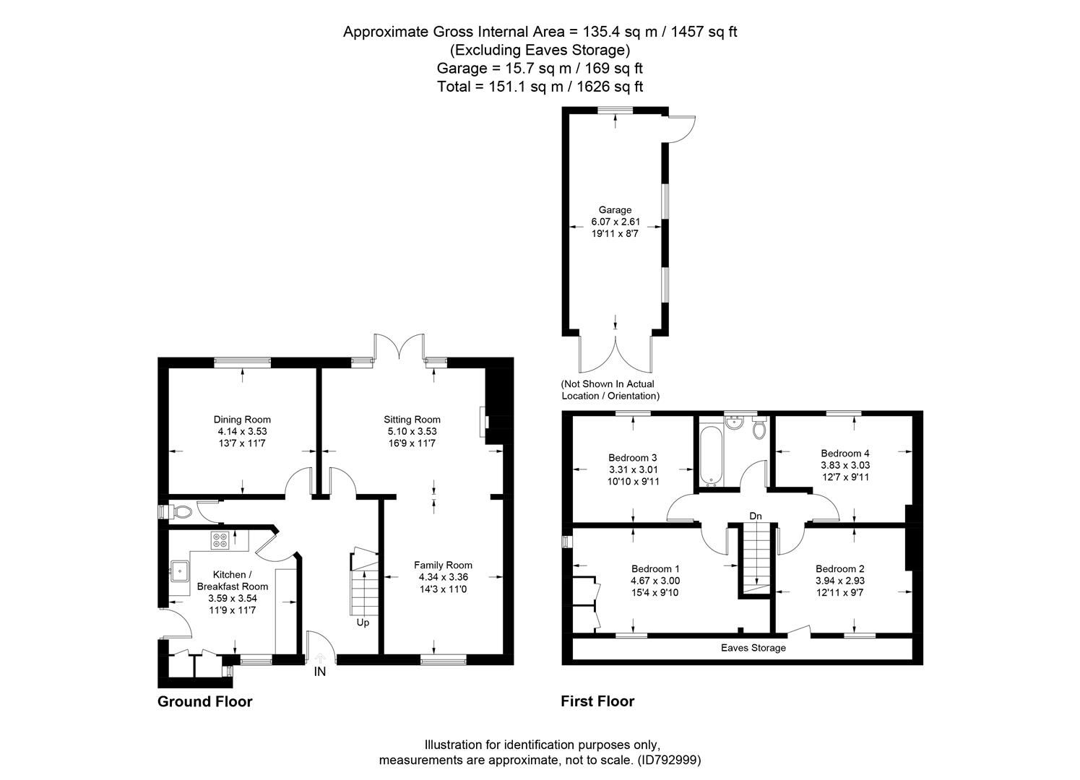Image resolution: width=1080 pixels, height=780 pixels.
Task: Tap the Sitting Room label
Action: click(412, 420)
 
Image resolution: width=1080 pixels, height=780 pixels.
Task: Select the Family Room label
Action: click(443, 565)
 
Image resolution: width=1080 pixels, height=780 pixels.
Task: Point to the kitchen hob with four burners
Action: click(220, 539)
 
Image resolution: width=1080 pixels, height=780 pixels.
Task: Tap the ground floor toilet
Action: click(181, 512)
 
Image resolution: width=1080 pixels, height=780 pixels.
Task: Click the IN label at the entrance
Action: click(320, 672)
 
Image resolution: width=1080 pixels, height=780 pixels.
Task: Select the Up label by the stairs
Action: click(363, 623)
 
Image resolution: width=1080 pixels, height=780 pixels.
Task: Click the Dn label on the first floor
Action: click(756, 516)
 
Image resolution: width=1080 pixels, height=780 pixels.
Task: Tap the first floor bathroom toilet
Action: click(759, 429)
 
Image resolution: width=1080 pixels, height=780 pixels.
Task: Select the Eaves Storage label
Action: click(753, 648)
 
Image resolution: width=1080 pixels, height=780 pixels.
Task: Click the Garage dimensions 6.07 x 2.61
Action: click(615, 222)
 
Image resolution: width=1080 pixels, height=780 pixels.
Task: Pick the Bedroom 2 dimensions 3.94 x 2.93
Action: click(840, 581)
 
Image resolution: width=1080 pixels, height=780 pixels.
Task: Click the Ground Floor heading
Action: click(205, 701)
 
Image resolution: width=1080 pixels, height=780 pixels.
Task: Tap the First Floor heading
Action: click(597, 701)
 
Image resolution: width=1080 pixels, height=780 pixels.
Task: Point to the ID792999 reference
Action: click(669, 760)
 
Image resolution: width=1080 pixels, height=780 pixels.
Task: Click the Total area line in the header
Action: click(540, 87)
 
